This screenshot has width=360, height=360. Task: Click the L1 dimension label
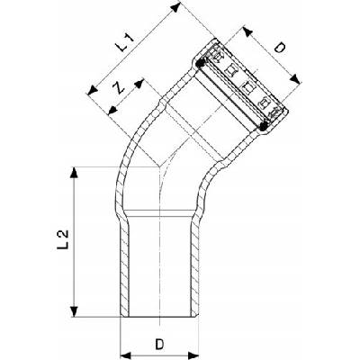pos(125,42)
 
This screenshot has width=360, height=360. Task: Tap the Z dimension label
pos(118,87)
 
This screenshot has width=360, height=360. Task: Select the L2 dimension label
pos(63,239)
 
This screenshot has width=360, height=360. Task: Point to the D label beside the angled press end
pos(280,48)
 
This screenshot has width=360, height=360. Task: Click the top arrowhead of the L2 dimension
pos(74,173)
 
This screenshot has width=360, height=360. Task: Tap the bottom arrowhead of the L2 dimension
pos(74,311)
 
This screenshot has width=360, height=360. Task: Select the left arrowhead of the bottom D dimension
pos(126,355)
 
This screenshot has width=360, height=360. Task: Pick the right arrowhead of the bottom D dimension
pos(193,355)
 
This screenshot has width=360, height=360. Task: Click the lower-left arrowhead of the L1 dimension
pos(93,90)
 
